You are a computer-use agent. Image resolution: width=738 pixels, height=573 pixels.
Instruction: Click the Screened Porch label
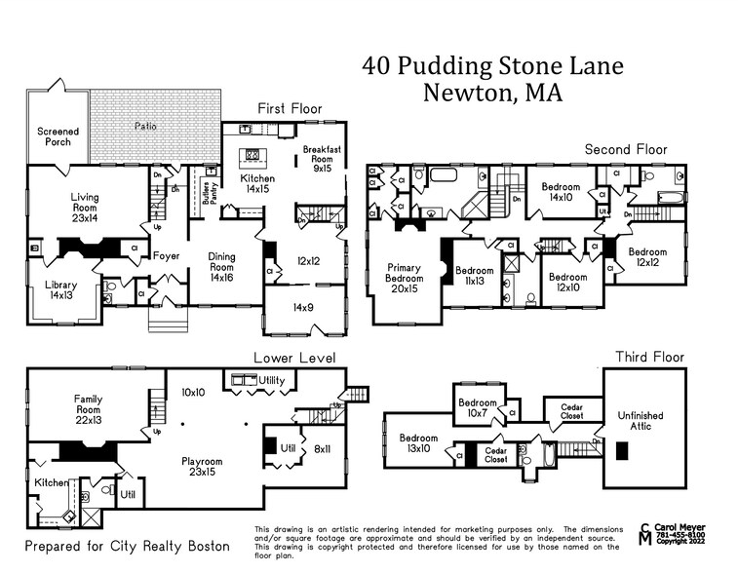click(x=58, y=136)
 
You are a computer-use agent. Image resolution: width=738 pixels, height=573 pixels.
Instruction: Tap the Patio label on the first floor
click(x=146, y=126)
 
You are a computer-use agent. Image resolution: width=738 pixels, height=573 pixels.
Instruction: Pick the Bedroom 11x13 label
click(x=476, y=276)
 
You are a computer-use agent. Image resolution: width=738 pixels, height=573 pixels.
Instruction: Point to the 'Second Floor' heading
click(x=625, y=149)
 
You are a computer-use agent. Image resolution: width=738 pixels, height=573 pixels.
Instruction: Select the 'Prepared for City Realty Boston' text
click(x=127, y=546)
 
